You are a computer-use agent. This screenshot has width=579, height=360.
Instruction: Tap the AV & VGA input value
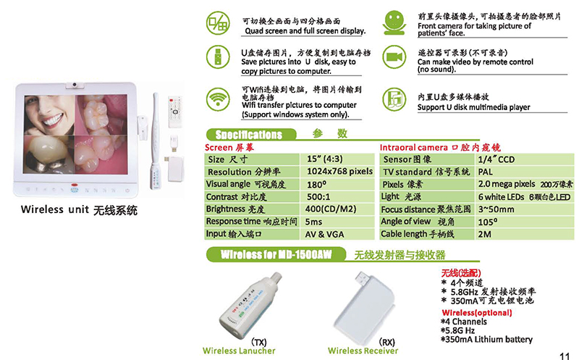coord(322,234)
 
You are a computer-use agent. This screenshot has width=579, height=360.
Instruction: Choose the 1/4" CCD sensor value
coord(496,159)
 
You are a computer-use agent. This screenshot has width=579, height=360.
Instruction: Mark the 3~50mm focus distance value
coord(496,209)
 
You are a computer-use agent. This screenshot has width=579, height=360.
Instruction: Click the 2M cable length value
coord(484,234)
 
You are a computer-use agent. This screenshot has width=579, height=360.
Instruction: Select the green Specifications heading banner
coord(250,134)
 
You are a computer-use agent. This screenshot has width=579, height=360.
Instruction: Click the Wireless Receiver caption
coord(363,351)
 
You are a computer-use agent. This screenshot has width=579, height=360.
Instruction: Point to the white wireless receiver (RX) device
coord(365,304)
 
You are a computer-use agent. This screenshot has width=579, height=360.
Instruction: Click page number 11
coord(565,355)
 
